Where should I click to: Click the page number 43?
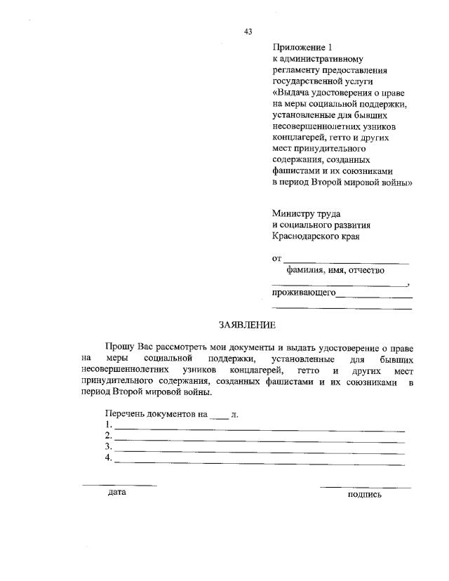tap(248, 31)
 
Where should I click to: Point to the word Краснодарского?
tap(306, 236)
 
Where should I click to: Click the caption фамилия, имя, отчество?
tap(335, 270)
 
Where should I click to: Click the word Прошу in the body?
tap(119, 347)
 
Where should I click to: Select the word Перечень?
tap(124, 414)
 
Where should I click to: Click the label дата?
tap(117, 493)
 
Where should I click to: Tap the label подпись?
tap(365, 495)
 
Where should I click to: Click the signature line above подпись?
tap(366, 486)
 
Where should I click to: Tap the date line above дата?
tap(119, 485)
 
